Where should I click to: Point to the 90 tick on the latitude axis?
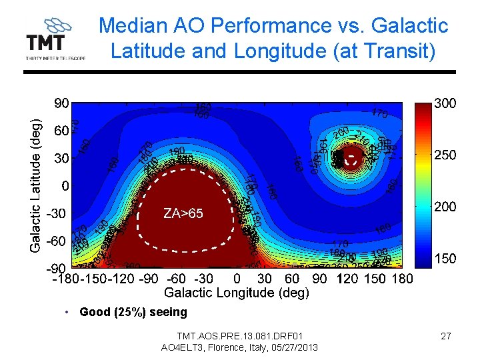tap(61, 104)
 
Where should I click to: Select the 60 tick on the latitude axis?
tap(61, 131)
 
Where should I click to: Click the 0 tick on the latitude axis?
tap(65, 185)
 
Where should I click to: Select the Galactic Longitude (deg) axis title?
tap(236, 292)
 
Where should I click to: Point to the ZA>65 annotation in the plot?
tap(183, 213)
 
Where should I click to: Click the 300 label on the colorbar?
tap(445, 104)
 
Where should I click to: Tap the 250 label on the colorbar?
tap(445, 155)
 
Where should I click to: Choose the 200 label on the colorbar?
tap(445, 207)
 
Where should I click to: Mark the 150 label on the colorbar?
tap(445, 259)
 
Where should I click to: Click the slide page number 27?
tap(446, 336)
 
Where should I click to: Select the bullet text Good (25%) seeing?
tap(133, 312)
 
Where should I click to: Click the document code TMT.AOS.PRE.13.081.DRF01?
tap(239, 335)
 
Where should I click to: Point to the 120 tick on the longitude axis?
tap(348, 278)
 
